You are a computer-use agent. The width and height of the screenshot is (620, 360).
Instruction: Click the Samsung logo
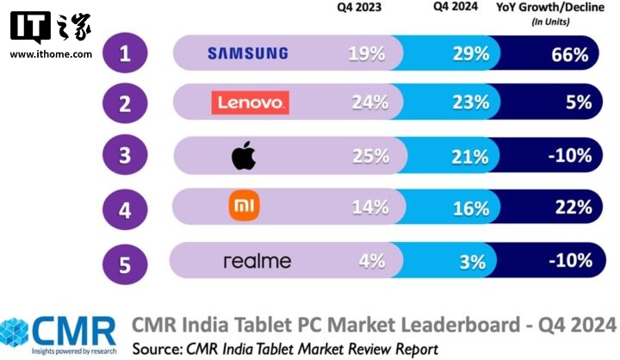248,53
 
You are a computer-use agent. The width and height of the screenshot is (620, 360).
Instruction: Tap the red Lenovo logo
249,103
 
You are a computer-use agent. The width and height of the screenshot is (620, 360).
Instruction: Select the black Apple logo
244,157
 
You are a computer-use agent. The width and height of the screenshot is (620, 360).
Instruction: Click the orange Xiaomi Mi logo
243,207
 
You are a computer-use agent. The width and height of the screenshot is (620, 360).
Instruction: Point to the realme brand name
257,261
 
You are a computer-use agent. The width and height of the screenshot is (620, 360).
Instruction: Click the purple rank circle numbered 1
126,54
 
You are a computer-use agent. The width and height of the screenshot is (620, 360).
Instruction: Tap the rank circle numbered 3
126,157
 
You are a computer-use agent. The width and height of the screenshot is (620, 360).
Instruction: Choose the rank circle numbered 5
126,260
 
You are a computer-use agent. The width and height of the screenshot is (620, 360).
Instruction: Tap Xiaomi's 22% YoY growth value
572,208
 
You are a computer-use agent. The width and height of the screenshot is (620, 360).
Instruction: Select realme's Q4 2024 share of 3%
473,260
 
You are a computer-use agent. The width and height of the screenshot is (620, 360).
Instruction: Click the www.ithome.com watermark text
51,54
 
